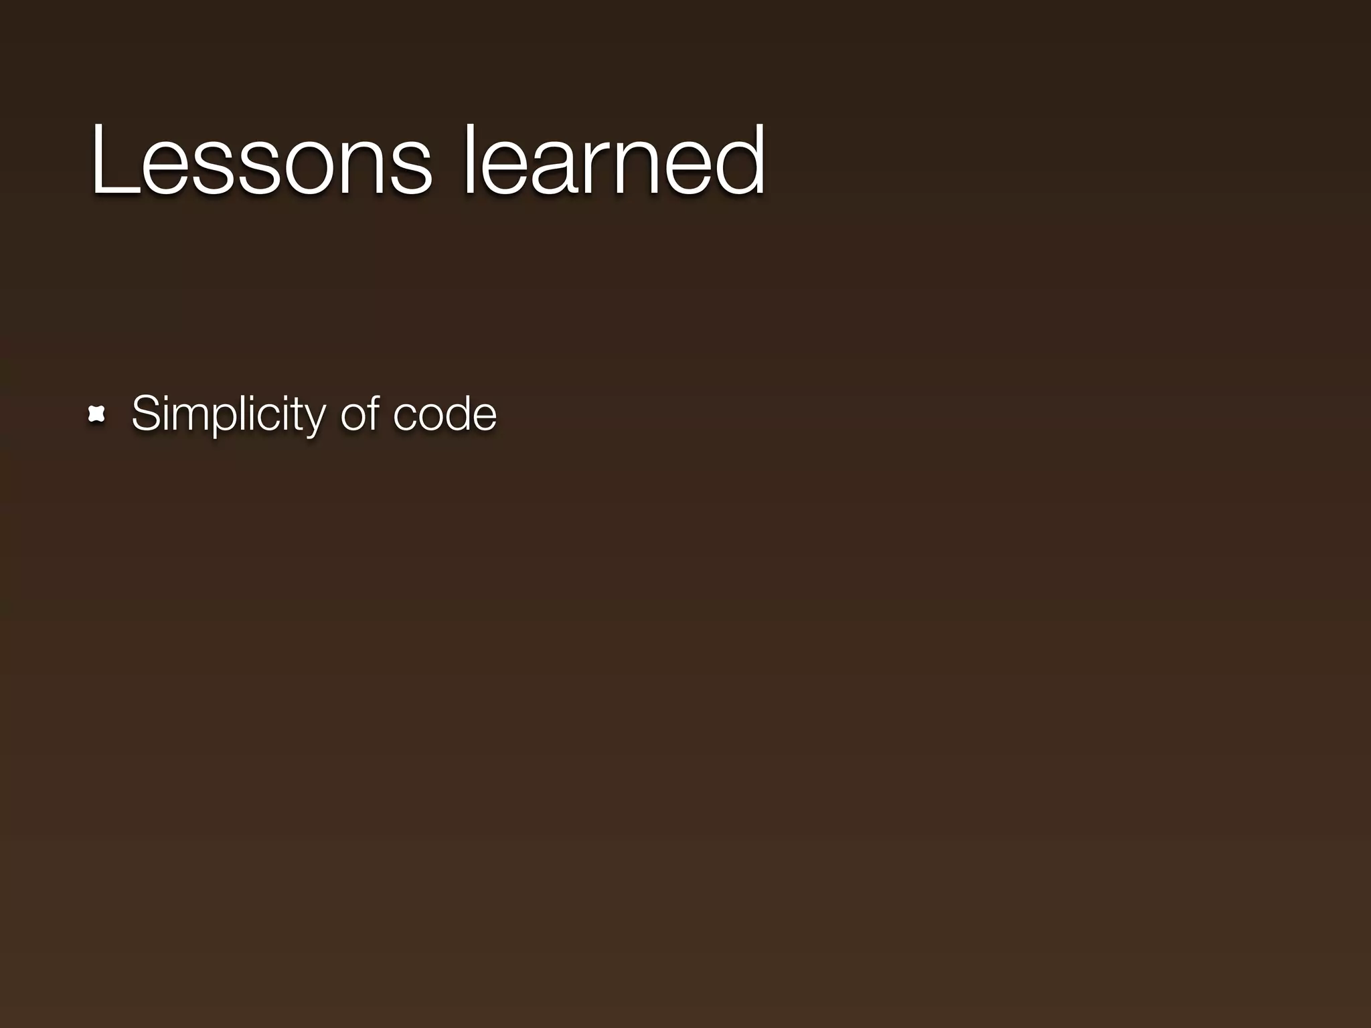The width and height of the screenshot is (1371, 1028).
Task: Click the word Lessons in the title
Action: [261, 161]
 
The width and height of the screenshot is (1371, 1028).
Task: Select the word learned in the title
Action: [615, 161]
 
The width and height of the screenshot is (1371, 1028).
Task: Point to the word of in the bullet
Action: [360, 414]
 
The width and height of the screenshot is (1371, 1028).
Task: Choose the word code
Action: [445, 414]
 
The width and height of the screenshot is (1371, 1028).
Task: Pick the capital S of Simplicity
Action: [146, 414]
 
